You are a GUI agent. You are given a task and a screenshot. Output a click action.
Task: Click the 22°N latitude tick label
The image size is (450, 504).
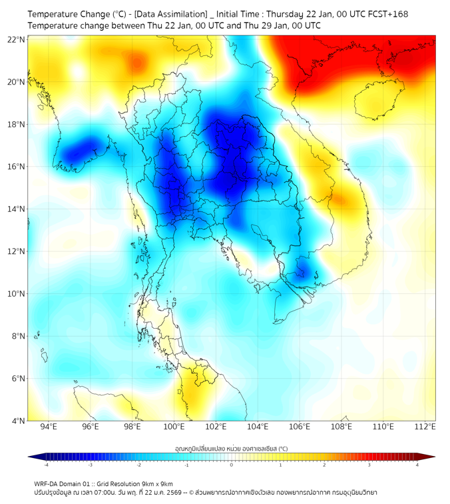[x=17, y=39]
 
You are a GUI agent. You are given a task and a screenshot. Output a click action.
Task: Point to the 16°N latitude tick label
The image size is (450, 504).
[x=17, y=167]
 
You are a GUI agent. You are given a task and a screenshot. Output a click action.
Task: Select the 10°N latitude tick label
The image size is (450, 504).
[x=17, y=294]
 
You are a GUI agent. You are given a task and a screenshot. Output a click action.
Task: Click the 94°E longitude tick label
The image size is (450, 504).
[x=49, y=427]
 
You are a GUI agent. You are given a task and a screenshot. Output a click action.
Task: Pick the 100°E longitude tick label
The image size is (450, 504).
[x=174, y=427]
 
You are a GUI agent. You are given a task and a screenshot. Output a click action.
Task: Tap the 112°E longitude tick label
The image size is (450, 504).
[x=425, y=427]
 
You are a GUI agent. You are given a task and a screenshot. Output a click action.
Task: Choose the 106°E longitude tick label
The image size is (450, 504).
[x=300, y=427]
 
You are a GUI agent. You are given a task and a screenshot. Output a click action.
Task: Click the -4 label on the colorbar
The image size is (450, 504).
[x=45, y=465]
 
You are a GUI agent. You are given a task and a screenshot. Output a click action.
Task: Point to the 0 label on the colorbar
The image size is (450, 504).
[x=232, y=465]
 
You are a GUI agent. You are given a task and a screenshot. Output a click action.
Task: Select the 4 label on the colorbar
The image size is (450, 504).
[x=417, y=465]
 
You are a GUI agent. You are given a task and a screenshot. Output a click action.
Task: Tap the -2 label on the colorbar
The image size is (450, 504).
[x=138, y=465]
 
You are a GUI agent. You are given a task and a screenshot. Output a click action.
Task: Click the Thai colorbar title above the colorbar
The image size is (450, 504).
[x=231, y=448]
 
